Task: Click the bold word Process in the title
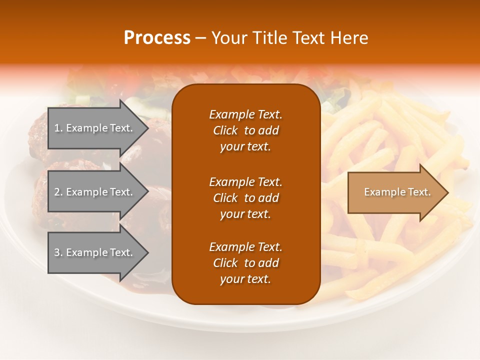tap(157, 37)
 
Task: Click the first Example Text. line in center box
tap(245, 114)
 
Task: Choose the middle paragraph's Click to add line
tap(245, 198)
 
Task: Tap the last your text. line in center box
tap(245, 279)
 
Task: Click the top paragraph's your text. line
tap(245, 146)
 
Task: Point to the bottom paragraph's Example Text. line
tap(245, 247)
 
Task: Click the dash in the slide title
tap(201, 38)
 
